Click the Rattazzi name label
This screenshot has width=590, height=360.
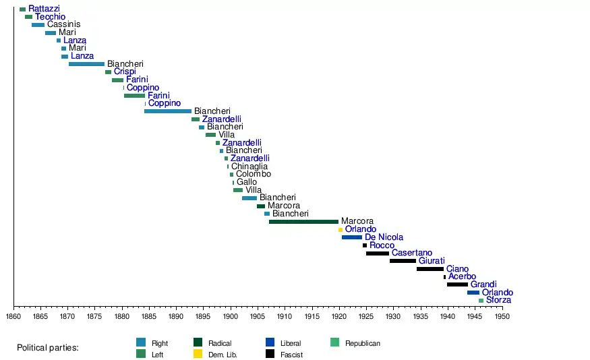coord(44,9)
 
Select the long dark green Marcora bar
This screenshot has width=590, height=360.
coord(303,221)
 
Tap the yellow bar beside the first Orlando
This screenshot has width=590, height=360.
coord(341,229)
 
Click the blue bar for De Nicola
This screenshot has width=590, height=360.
coord(352,237)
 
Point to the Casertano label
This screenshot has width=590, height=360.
coord(411,253)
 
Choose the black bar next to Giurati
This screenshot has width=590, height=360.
coord(403,261)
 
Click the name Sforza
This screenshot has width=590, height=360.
coord(498,300)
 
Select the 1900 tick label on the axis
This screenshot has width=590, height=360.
coord(230,316)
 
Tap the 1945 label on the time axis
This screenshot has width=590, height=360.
coord(474,316)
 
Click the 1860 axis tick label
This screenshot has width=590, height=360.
coord(13,316)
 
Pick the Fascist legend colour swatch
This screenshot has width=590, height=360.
coord(270,354)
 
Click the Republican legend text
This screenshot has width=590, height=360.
coord(363,344)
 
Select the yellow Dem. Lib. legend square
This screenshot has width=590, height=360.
coord(198,354)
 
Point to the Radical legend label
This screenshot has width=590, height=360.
coord(220,344)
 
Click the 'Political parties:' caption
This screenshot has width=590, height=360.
coord(48,348)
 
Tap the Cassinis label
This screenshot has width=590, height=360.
coord(64,25)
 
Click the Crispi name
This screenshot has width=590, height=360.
coord(125,72)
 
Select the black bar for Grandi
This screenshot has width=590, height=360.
coord(457,284)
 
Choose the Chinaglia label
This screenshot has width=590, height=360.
coord(249,167)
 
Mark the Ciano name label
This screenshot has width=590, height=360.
coord(457,269)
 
